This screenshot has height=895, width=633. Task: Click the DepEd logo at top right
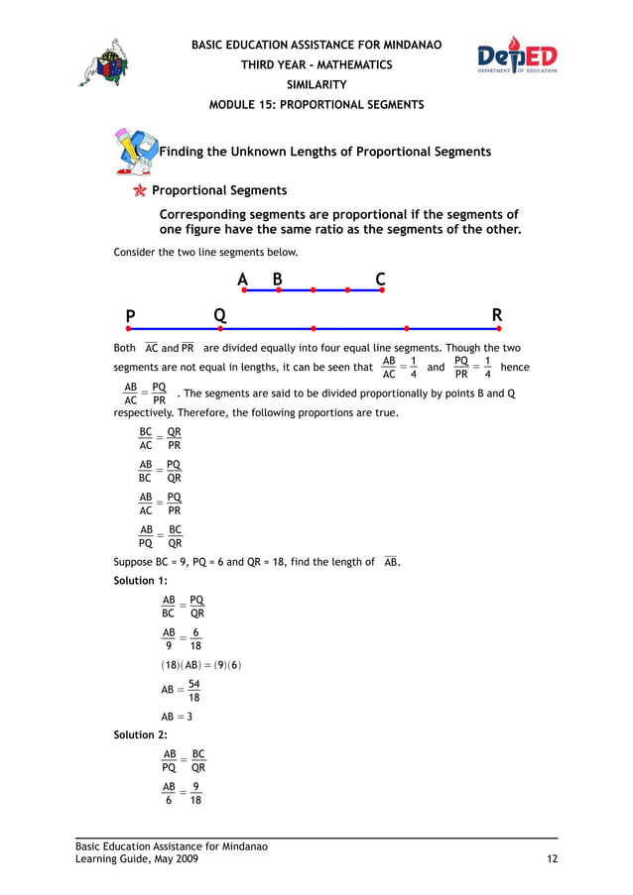coord(517,56)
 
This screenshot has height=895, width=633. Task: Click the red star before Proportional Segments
coord(140,190)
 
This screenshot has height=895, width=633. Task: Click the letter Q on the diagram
coord(219,316)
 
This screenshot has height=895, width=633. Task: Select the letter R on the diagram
coord(497,316)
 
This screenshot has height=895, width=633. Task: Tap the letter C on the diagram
coord(380,280)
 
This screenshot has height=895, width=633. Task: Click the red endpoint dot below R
coord(499,328)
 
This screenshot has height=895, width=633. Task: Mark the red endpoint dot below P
coord(128,328)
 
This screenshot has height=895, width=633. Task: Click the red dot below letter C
coord(381,290)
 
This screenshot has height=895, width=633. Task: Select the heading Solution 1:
coord(134,580)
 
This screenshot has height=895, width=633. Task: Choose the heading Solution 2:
coord(134,734)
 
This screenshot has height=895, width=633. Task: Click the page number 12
coord(551,859)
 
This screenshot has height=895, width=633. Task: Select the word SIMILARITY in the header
coord(316,85)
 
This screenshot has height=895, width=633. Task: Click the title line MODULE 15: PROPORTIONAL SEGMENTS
coord(316,105)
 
